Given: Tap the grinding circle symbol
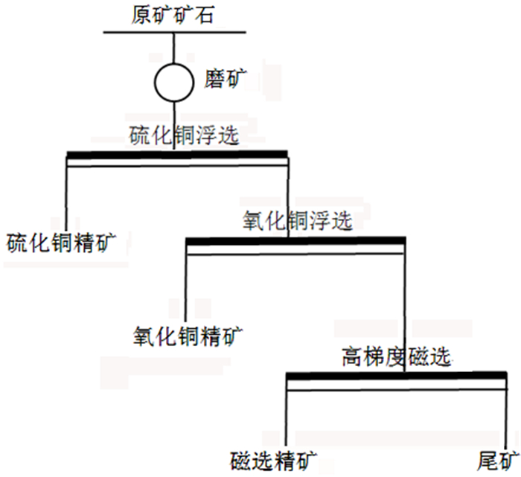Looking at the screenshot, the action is (173, 82).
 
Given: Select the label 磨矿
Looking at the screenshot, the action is (222, 79).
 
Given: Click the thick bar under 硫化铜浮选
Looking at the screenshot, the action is (176, 155).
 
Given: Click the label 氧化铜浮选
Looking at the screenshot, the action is (297, 220).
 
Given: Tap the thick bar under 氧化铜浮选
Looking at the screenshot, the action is (295, 240).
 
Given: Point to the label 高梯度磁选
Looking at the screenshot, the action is (396, 356).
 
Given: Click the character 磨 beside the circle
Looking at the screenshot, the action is (211, 79).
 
